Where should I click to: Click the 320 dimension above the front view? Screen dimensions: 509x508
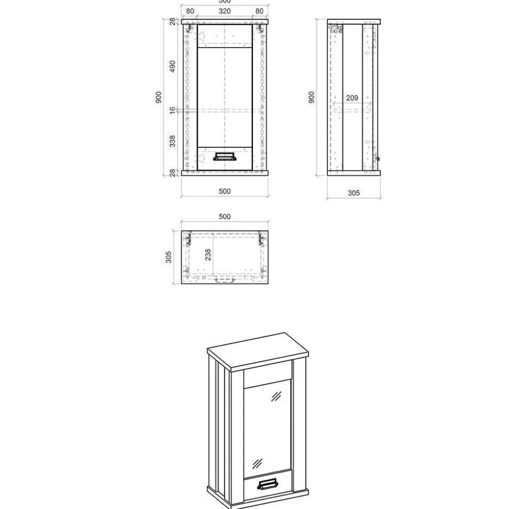(225, 11)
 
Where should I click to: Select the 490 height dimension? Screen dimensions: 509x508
(172, 67)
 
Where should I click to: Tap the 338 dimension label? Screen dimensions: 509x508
(172, 141)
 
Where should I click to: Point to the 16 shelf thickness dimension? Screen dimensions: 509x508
(172, 111)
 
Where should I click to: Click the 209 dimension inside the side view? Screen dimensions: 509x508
(352, 98)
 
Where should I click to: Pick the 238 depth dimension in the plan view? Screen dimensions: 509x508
(208, 255)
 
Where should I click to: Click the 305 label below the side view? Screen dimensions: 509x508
(354, 193)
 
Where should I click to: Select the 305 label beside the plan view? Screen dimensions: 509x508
(169, 257)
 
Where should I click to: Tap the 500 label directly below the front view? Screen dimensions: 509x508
(225, 191)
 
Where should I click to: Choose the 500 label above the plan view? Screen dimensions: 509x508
(225, 216)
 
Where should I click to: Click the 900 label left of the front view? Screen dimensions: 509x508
(158, 98)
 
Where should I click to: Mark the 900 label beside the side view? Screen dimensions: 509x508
(312, 98)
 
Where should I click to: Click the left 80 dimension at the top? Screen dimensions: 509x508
(190, 11)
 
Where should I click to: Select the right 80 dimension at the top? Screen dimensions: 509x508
(259, 11)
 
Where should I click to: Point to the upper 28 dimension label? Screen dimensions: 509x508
(172, 21)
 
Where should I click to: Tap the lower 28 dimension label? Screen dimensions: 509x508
(172, 173)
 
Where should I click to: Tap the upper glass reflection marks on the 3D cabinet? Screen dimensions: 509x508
(276, 397)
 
